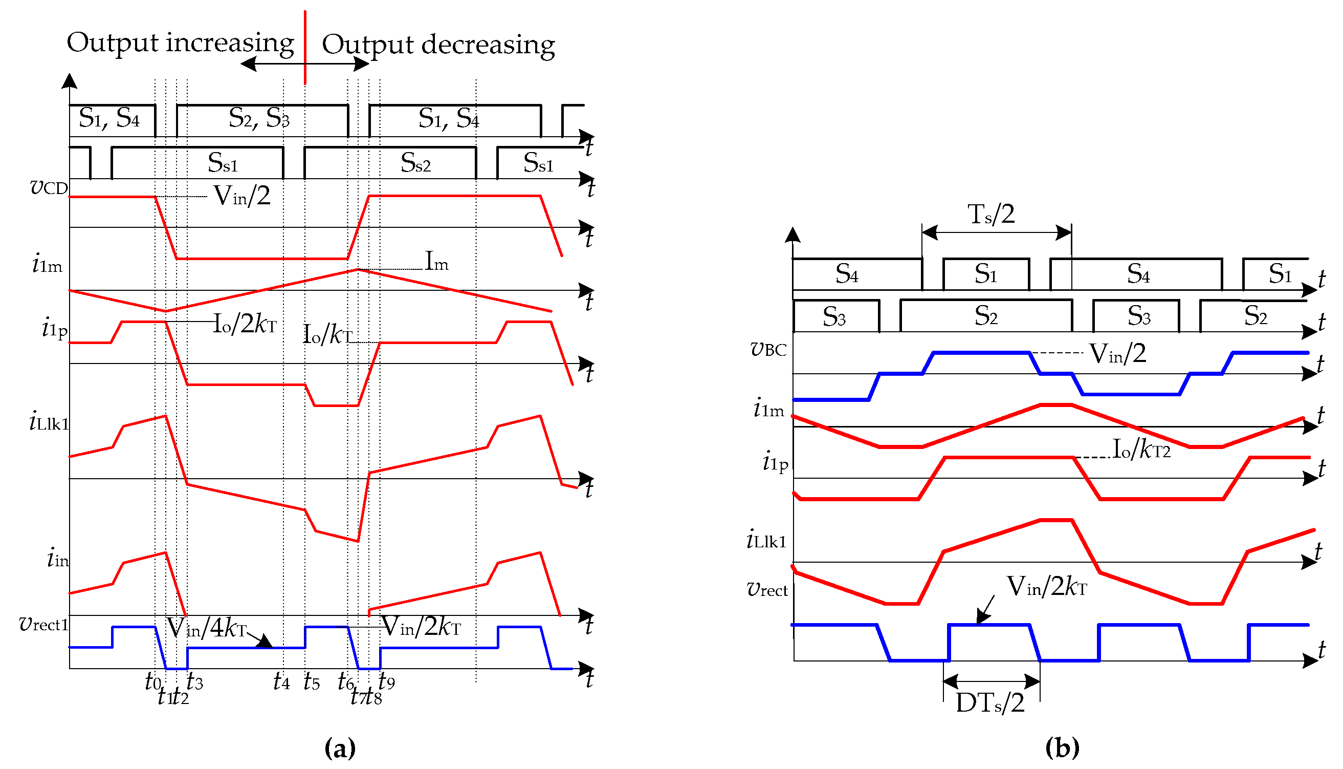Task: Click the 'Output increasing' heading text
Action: [x=180, y=44]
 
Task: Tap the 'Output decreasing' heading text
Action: [x=438, y=46]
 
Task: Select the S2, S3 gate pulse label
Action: [x=258, y=118]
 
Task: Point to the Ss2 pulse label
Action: [x=415, y=163]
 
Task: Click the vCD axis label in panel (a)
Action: [x=49, y=187]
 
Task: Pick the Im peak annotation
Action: [x=436, y=262]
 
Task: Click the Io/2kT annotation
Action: [x=245, y=323]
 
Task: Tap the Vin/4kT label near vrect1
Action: [x=207, y=628]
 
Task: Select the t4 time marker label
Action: [x=281, y=682]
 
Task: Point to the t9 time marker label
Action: [x=387, y=682]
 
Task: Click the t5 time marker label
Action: [x=312, y=682]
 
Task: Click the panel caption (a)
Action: [x=340, y=748]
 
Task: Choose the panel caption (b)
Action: [x=1062, y=748]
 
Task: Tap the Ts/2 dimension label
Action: [x=990, y=215]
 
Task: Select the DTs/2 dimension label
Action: [x=990, y=703]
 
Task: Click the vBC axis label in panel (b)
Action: [x=768, y=349]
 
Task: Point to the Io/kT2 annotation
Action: [x=1141, y=450]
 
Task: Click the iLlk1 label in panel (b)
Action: [x=766, y=540]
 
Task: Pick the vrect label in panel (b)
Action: [x=767, y=589]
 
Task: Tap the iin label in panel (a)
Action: [x=57, y=558]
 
